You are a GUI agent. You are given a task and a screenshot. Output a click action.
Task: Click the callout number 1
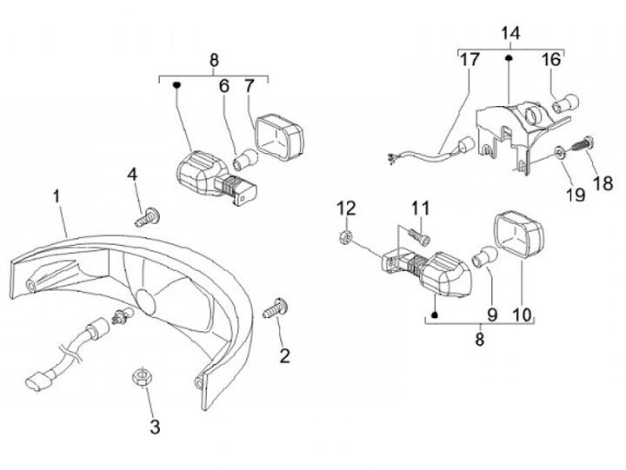57,196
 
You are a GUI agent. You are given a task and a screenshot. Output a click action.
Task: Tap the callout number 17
469,61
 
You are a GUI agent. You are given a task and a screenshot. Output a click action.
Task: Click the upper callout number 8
214,60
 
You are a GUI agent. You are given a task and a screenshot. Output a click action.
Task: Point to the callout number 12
347,208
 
